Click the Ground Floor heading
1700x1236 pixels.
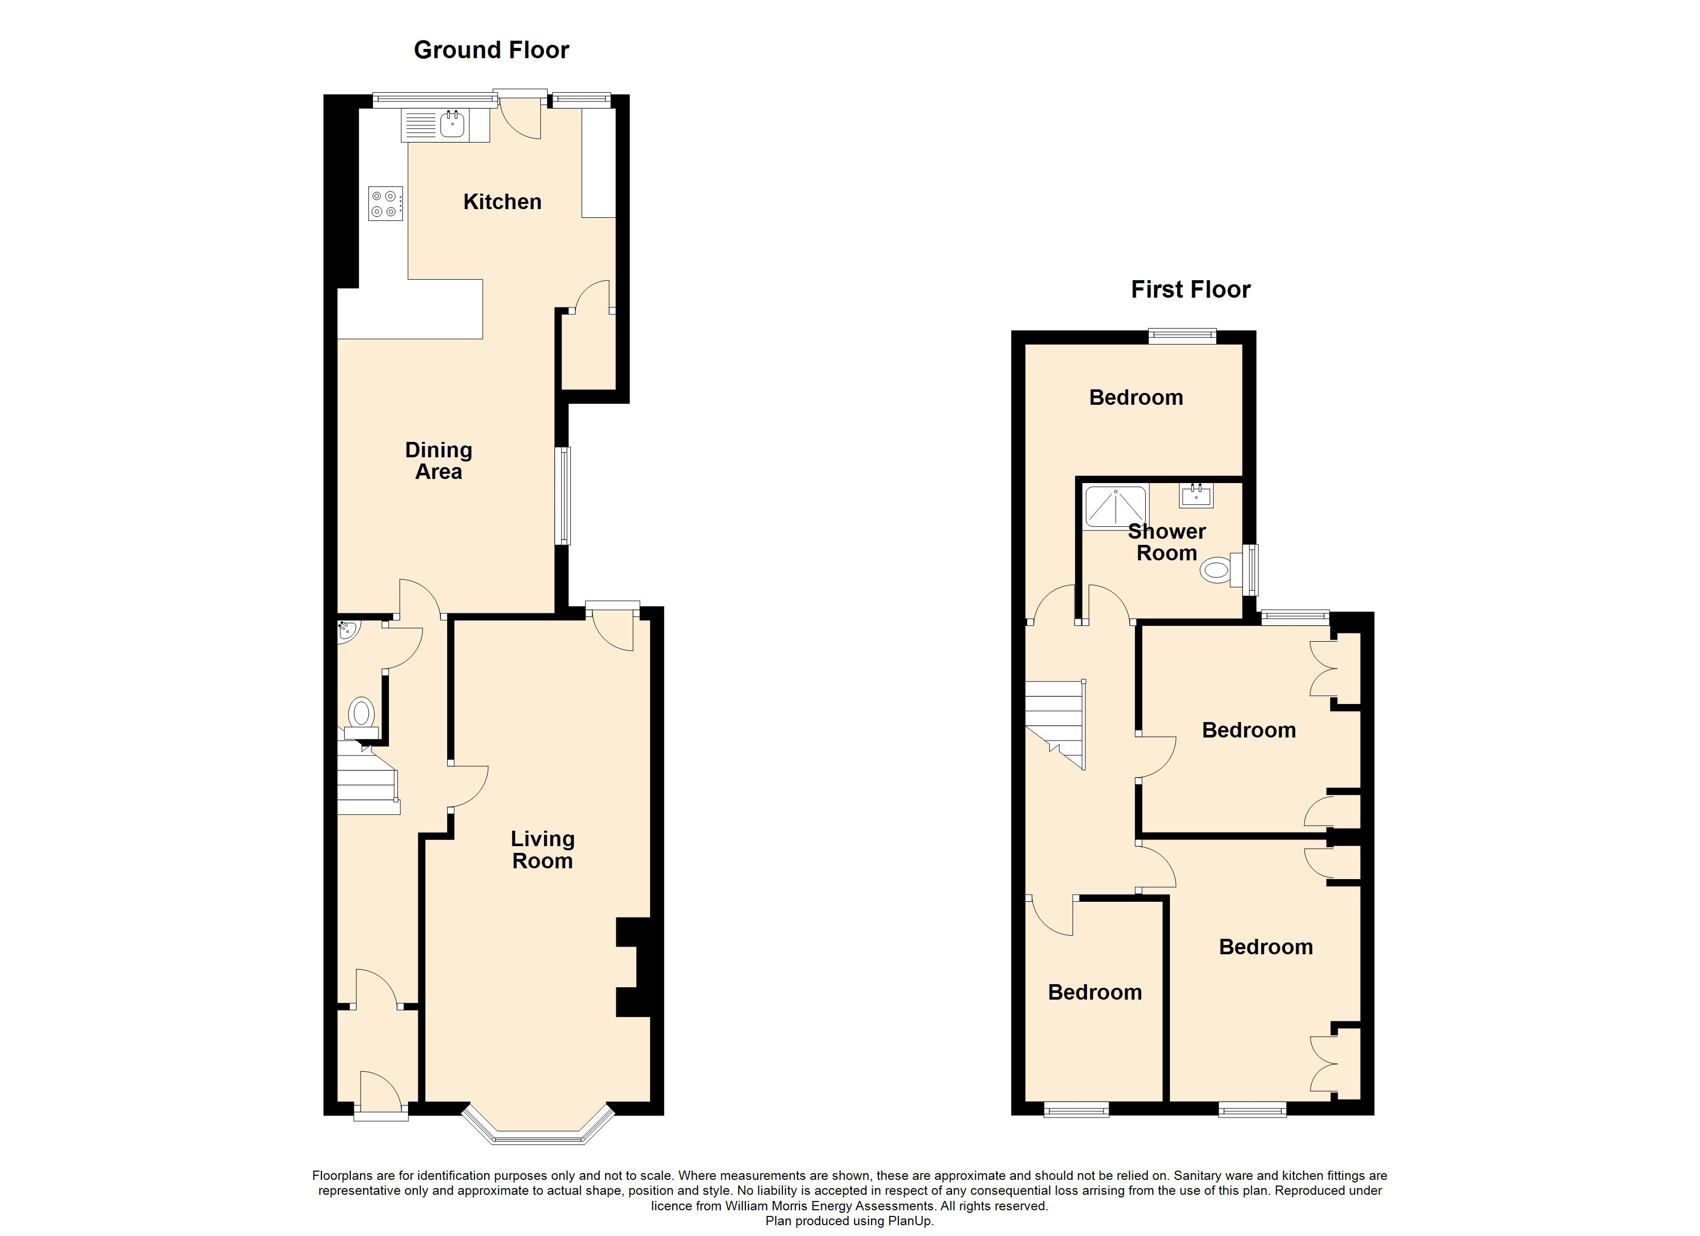click(491, 50)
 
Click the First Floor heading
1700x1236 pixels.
click(1191, 289)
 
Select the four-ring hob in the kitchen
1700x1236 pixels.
click(386, 203)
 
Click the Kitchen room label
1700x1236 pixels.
click(502, 202)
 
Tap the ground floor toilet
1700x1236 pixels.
click(361, 717)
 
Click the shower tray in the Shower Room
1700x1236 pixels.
click(1116, 507)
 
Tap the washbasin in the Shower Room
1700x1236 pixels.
click(1196, 495)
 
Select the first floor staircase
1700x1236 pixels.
click(1056, 724)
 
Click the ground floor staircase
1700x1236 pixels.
click(367, 777)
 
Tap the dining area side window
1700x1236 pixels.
click(563, 495)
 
